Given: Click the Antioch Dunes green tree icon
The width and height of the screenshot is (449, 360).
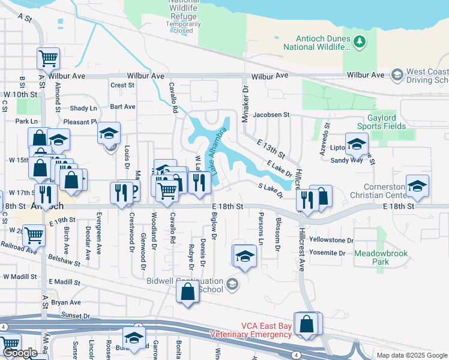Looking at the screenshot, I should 359,41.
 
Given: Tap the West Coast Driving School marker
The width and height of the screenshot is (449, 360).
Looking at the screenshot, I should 396,75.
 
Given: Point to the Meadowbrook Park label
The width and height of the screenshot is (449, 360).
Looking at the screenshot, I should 381,257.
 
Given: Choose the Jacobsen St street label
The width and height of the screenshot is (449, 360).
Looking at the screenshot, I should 271,114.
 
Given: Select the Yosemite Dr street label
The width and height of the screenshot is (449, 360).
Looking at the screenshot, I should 327,253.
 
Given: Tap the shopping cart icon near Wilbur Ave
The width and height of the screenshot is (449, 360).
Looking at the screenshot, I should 49,58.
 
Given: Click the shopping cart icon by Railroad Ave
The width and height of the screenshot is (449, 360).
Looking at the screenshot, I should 34,235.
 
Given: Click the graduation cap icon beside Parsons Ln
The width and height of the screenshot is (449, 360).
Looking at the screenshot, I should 244,256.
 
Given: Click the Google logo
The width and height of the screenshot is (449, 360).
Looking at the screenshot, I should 20,353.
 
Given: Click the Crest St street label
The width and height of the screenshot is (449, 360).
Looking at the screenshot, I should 122,85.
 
